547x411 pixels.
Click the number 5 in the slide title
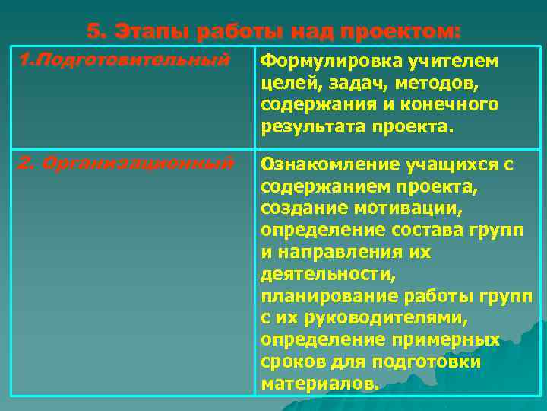93,32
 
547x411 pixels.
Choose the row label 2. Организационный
125,164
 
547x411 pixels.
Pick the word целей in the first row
286,82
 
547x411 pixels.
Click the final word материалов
319,384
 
